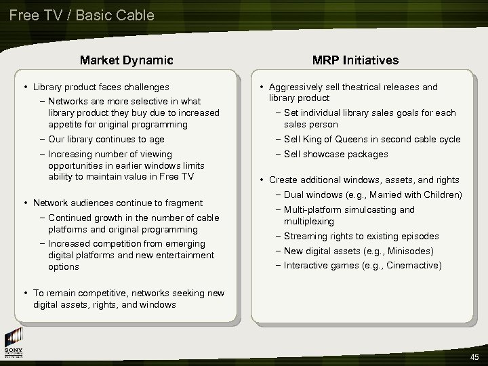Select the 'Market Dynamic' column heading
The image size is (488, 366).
127,60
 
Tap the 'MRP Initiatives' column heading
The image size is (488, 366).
355,60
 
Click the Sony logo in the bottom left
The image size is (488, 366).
14,346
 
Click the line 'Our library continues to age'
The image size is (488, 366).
106,140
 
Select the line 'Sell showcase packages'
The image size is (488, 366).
335,154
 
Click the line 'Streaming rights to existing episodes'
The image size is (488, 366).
361,237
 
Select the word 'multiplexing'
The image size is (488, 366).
309,222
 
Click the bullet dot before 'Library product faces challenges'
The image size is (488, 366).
25,87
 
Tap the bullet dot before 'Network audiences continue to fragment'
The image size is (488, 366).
25,203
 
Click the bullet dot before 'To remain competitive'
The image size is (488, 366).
25,293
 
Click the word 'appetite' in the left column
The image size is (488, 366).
65,125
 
